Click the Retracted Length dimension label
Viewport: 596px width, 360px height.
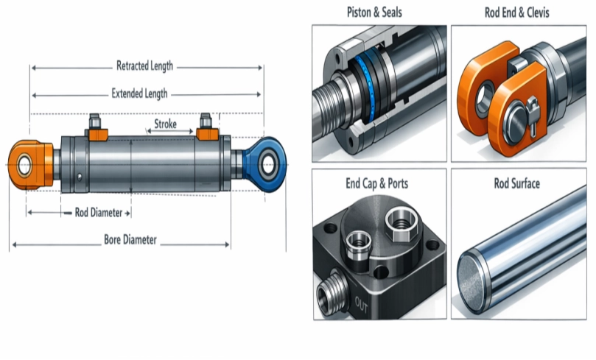point(144,66)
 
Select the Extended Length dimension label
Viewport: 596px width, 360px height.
point(139,93)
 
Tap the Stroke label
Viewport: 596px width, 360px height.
point(165,124)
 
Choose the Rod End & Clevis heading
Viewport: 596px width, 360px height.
point(519,13)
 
